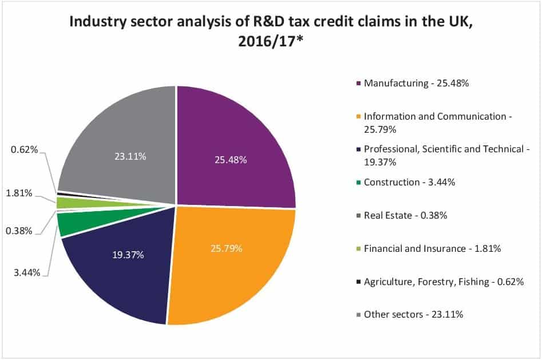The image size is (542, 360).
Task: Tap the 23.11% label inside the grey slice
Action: (x=129, y=156)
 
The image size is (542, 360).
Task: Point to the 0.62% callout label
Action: (x=24, y=151)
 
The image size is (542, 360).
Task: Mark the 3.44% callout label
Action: (x=26, y=272)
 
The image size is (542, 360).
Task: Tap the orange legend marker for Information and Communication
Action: (x=359, y=117)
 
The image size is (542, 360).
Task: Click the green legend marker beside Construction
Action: (x=359, y=183)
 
